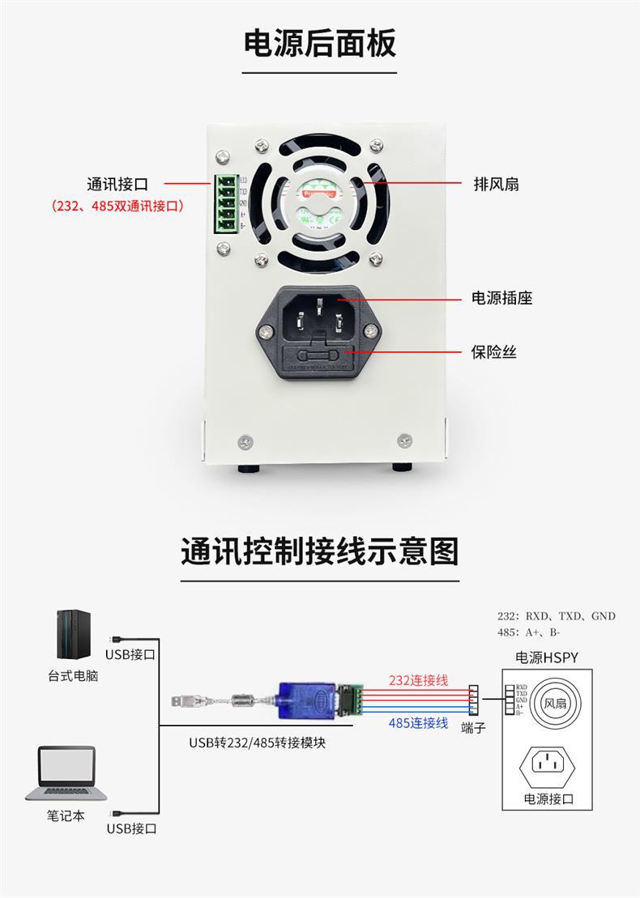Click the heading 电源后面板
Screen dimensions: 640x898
[x=320, y=43]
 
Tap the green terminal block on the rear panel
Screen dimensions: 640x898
[x=225, y=203]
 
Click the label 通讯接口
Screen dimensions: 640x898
[x=117, y=185]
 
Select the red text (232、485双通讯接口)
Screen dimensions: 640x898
[x=118, y=206]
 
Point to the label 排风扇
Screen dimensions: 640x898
[x=496, y=185]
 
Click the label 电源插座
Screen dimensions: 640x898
[x=502, y=298]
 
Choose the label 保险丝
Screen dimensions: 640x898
[x=494, y=352]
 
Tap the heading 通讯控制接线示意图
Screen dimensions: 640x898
[x=320, y=551]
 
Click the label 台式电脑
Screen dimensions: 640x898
[x=72, y=675]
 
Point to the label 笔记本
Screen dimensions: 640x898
[x=66, y=815]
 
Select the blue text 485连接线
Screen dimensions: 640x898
[x=418, y=722]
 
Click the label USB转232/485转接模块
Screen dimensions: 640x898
[x=258, y=742]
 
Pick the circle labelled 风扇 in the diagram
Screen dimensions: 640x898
[x=554, y=704]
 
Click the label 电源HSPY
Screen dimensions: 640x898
[x=547, y=658]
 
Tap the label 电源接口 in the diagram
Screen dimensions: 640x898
[x=548, y=799]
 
